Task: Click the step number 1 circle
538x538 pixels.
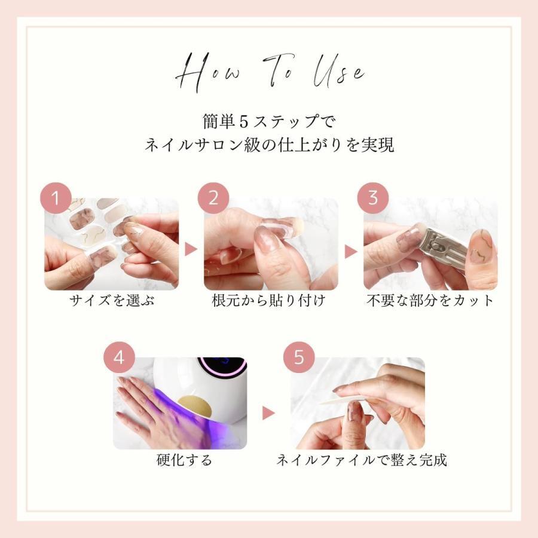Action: [x=56, y=198]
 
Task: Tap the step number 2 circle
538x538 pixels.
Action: [x=213, y=198]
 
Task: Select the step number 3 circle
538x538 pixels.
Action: [x=373, y=198]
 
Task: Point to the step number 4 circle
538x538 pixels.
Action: [x=119, y=357]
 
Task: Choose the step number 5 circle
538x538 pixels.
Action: [x=299, y=357]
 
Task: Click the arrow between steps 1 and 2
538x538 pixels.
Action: [x=191, y=249]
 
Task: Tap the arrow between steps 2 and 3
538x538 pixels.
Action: [x=351, y=252]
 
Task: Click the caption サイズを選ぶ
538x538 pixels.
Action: [x=112, y=301]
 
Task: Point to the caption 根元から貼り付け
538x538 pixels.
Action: [x=268, y=301]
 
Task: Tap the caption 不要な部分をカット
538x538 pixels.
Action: [x=430, y=301]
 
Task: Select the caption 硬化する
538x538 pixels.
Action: [x=185, y=460]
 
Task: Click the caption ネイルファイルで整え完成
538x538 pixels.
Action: [x=362, y=460]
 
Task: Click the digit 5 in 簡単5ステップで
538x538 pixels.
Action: [x=244, y=122]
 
